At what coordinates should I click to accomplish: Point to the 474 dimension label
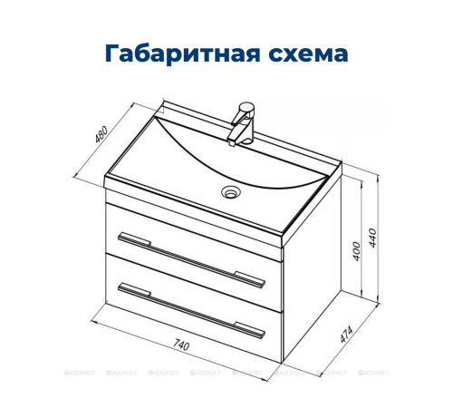[343, 334]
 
